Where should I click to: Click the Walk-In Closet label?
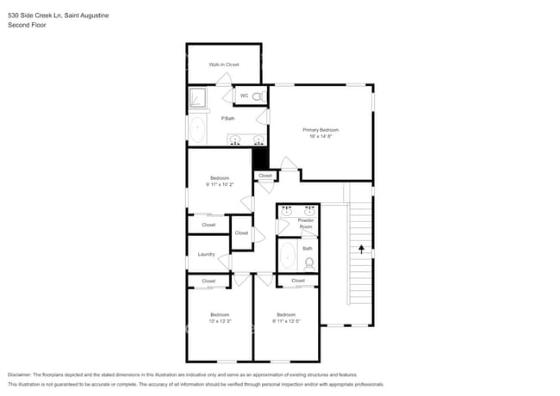tap(223, 65)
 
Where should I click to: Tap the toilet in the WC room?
tap(257, 96)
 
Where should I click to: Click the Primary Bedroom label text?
tap(320, 130)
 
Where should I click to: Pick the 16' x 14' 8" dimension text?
tap(320, 136)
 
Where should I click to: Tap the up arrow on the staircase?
tap(361, 250)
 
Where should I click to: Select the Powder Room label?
tap(306, 224)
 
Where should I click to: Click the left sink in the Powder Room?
tap(287, 210)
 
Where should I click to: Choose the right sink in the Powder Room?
tap(308, 210)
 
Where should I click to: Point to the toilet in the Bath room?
tap(309, 263)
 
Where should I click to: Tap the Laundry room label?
tap(206, 254)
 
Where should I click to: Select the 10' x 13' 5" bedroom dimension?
tap(220, 321)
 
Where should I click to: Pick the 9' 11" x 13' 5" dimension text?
tap(286, 321)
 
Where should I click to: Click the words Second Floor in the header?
tap(27, 26)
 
